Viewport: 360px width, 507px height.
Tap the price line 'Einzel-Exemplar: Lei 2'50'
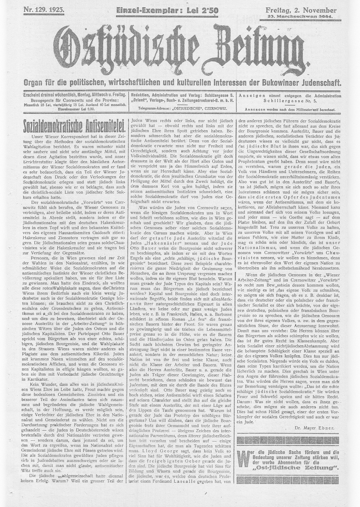click(167, 11)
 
